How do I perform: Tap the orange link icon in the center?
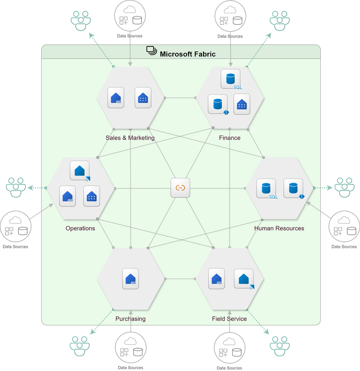(180, 188)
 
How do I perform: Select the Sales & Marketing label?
(130, 138)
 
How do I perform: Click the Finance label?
(230, 138)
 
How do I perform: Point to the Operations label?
(80, 229)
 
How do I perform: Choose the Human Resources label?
(279, 229)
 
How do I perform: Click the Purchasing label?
(130, 319)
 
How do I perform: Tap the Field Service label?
(229, 319)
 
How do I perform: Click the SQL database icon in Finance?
(230, 79)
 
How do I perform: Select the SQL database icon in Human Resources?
(266, 188)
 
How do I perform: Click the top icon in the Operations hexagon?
(80, 171)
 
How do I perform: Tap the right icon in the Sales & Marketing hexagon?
(144, 97)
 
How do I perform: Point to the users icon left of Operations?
(16, 187)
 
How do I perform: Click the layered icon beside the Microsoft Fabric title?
(152, 51)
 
